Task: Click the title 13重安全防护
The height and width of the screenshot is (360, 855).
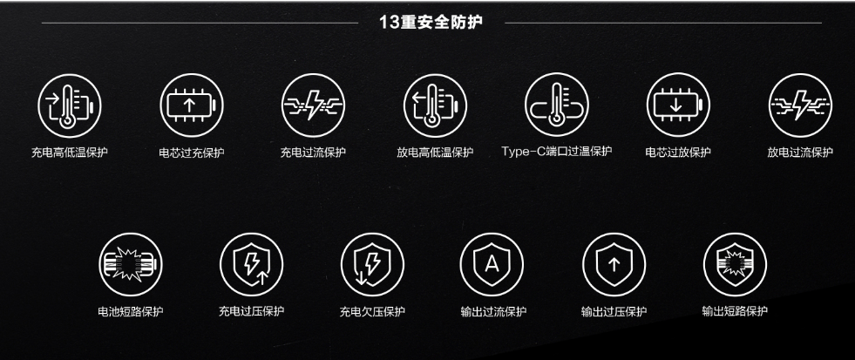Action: (x=431, y=23)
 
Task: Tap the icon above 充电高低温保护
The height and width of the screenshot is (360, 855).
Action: (x=69, y=105)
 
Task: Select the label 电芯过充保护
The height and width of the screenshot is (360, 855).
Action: (x=192, y=153)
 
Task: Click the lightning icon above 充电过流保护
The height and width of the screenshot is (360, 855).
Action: (x=314, y=105)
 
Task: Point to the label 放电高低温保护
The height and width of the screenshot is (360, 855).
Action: (x=435, y=153)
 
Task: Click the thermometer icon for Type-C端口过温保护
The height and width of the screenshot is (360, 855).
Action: (x=557, y=105)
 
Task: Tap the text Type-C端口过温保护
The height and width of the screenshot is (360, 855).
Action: (x=557, y=151)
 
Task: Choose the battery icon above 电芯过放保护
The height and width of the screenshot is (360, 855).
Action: (x=678, y=105)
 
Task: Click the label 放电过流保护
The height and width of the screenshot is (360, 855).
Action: (x=800, y=153)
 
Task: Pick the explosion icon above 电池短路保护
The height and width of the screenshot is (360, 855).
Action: (x=131, y=264)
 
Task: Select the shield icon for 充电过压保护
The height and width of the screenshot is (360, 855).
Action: (x=251, y=264)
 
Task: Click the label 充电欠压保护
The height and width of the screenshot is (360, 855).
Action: (x=372, y=312)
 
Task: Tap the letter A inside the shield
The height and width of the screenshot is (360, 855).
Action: (x=492, y=264)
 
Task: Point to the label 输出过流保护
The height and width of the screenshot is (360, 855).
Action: (x=493, y=312)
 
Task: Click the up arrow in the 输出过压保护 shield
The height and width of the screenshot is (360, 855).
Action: (x=614, y=264)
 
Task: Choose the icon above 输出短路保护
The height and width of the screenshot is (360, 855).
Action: (x=735, y=264)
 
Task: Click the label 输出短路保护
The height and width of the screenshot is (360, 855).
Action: (x=735, y=311)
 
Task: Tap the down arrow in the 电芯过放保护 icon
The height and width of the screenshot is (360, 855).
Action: (x=675, y=105)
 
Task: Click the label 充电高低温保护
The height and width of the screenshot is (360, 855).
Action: (x=69, y=153)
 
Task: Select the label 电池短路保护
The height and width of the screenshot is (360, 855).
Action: (x=131, y=312)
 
